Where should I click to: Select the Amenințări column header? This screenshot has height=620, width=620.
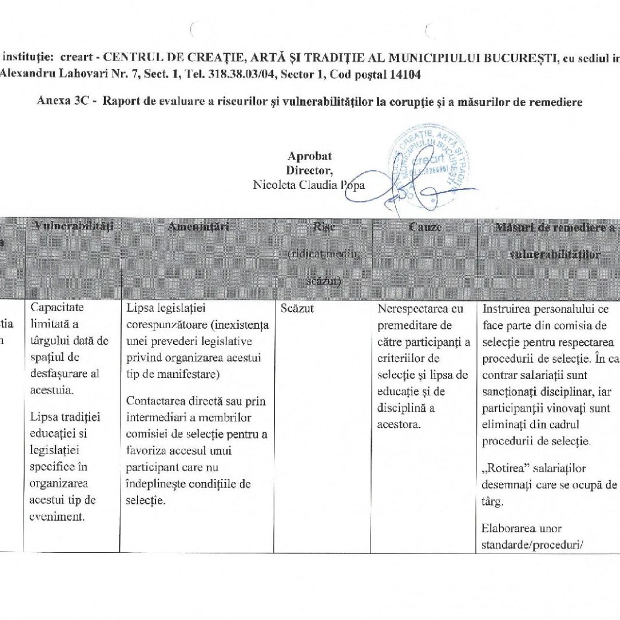tap(195, 227)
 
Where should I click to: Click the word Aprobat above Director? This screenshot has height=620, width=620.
tap(309, 156)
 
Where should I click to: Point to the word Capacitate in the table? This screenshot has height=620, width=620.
tap(54, 308)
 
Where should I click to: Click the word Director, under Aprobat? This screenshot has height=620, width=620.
tap(309, 170)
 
